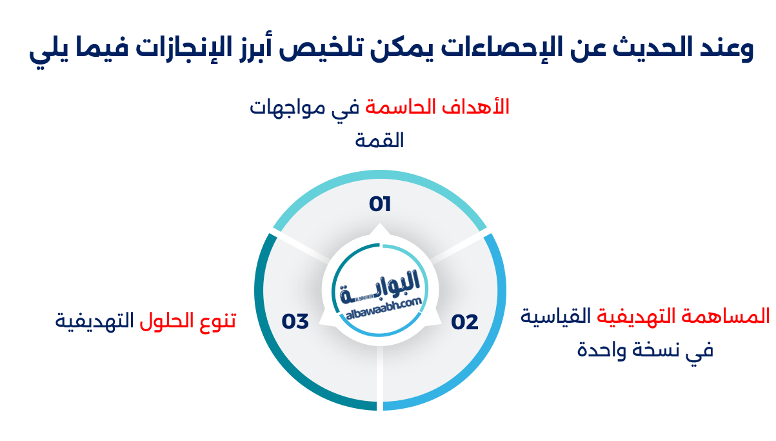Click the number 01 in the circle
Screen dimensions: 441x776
[x=380, y=205]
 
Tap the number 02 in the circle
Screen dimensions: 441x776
[x=464, y=322]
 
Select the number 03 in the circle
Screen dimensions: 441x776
[x=295, y=321]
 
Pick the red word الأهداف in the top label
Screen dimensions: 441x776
[x=483, y=107]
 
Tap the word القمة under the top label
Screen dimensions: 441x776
[x=380, y=140]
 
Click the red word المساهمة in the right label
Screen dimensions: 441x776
[x=735, y=316]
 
